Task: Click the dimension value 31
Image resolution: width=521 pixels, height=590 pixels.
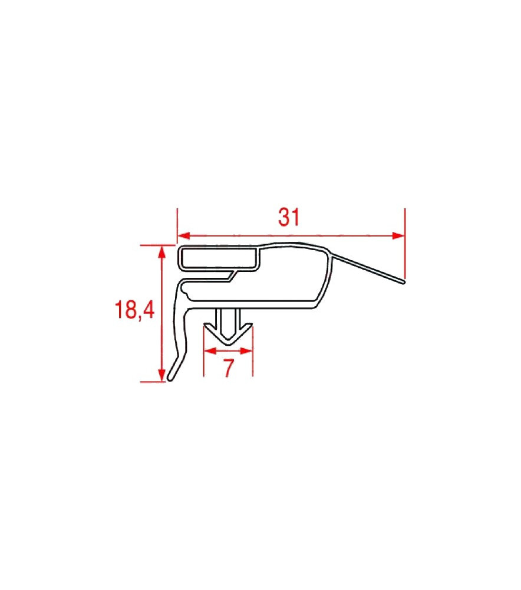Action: [289, 217]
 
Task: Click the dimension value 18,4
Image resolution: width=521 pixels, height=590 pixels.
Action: [134, 310]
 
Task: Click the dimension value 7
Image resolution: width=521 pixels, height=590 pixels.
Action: [229, 368]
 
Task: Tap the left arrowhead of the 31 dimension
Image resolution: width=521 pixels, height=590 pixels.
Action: [183, 236]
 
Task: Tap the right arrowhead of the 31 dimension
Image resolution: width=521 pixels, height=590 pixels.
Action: [398, 236]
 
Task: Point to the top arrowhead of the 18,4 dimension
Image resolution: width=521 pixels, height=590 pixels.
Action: [162, 251]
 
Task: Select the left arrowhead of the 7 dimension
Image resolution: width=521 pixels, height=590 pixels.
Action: [210, 351]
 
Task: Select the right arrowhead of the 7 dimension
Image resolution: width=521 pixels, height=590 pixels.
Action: [246, 351]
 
